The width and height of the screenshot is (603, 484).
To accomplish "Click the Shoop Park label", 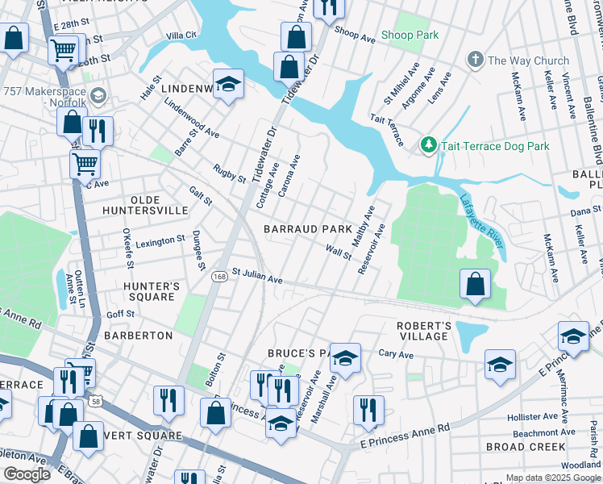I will point(410,35).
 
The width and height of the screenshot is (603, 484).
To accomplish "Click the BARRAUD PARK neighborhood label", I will point(308,229).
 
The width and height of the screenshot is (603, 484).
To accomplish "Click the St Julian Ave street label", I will point(257,277).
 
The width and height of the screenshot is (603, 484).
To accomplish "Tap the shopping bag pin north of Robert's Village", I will point(475,285).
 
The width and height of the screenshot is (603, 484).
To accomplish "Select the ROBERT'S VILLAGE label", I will point(422,331).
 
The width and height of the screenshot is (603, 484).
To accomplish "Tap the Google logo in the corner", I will point(27,474).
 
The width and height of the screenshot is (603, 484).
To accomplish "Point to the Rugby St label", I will point(229,172).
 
